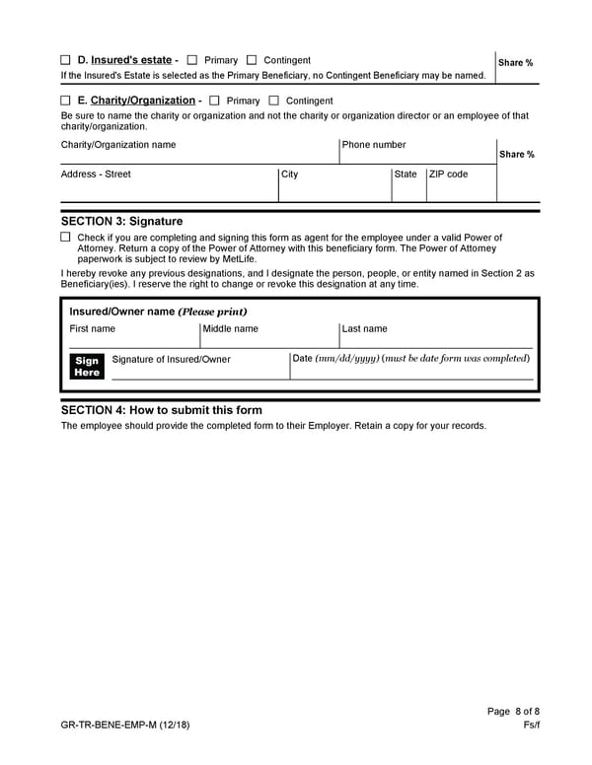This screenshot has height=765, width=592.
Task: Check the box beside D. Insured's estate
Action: tap(65, 60)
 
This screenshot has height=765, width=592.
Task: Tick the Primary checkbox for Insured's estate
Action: tap(192, 60)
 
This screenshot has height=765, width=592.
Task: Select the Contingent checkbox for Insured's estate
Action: tap(252, 60)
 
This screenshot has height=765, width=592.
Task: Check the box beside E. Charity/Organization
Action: tap(65, 101)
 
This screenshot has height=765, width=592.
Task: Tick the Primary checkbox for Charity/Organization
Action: tap(214, 101)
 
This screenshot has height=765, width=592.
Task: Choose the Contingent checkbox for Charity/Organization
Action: tap(273, 101)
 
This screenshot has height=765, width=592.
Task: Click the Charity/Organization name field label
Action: tap(118, 145)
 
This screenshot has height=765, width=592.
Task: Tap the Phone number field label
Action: tap(374, 145)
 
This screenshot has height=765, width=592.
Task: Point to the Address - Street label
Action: tap(96, 174)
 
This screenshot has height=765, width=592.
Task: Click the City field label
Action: tap(290, 174)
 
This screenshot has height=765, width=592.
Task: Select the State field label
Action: tap(406, 174)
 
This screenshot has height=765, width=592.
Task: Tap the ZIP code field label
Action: tap(449, 174)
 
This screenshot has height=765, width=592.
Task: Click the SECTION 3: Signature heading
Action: tap(121, 222)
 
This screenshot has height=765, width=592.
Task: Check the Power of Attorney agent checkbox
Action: tap(65, 238)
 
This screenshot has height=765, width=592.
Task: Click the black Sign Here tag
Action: tap(87, 367)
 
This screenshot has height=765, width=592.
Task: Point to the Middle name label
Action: tap(231, 329)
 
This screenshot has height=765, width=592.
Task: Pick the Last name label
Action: tap(365, 329)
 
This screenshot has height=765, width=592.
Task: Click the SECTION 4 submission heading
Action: tap(162, 410)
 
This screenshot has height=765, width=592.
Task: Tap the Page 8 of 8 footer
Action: tap(513, 712)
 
